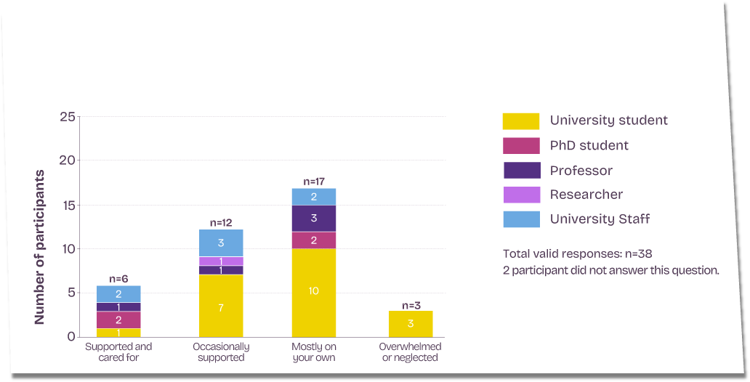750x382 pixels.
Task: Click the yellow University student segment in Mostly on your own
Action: click(x=314, y=293)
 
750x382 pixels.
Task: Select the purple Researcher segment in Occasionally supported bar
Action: click(x=221, y=261)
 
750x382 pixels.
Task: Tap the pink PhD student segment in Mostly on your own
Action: click(x=314, y=240)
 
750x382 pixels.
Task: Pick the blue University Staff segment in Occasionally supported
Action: click(x=221, y=243)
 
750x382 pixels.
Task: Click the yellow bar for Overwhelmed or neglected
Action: click(x=411, y=324)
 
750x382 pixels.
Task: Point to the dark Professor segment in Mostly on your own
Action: click(x=314, y=219)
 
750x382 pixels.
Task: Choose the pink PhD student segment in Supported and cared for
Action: click(x=118, y=320)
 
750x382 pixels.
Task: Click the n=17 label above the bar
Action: click(x=314, y=182)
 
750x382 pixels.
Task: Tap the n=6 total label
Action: click(x=118, y=279)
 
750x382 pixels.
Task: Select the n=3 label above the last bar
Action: click(x=411, y=306)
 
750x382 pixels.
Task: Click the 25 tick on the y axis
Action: click(x=67, y=117)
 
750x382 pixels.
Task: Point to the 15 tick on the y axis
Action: click(x=67, y=205)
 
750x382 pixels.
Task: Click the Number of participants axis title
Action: click(x=39, y=247)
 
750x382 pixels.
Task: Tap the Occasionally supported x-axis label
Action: click(x=221, y=352)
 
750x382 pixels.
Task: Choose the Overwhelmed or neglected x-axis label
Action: click(x=411, y=352)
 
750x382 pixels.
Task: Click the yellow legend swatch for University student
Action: click(x=521, y=121)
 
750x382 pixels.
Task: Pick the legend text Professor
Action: click(x=581, y=171)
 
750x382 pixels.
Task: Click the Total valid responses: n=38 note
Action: click(x=577, y=253)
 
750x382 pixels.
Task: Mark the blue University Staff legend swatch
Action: click(x=521, y=219)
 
